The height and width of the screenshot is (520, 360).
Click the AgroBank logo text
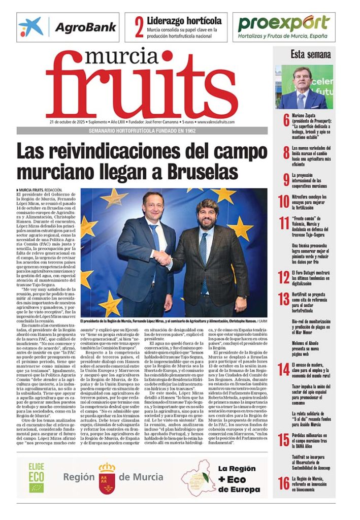pyautogui.click(x=85, y=27)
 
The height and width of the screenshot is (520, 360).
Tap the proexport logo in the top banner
pyautogui.click(x=284, y=23)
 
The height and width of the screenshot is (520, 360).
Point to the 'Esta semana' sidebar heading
pyautogui.click(x=310, y=54)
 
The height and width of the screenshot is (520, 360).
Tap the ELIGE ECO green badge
pyautogui.click(x=36, y=477)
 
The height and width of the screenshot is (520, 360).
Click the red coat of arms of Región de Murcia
pyautogui.click(x=107, y=477)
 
